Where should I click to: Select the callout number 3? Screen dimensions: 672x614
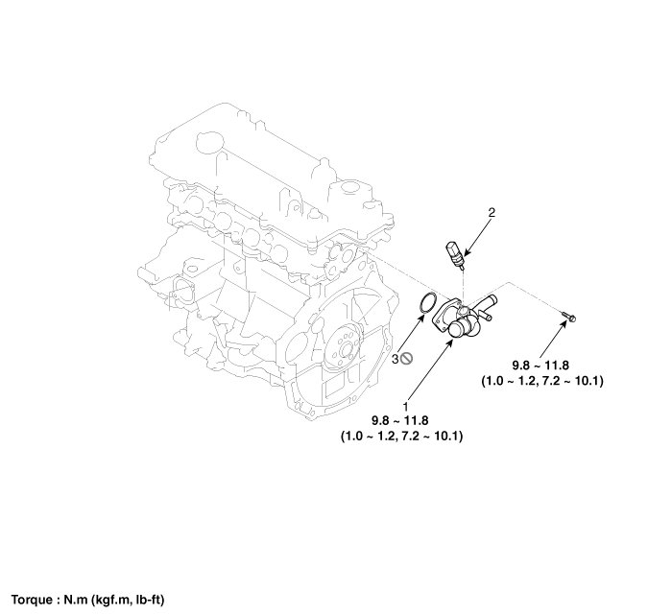(x=396, y=358)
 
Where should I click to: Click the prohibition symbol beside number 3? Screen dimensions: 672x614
(x=408, y=358)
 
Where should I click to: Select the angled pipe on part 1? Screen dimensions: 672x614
(x=489, y=307)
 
